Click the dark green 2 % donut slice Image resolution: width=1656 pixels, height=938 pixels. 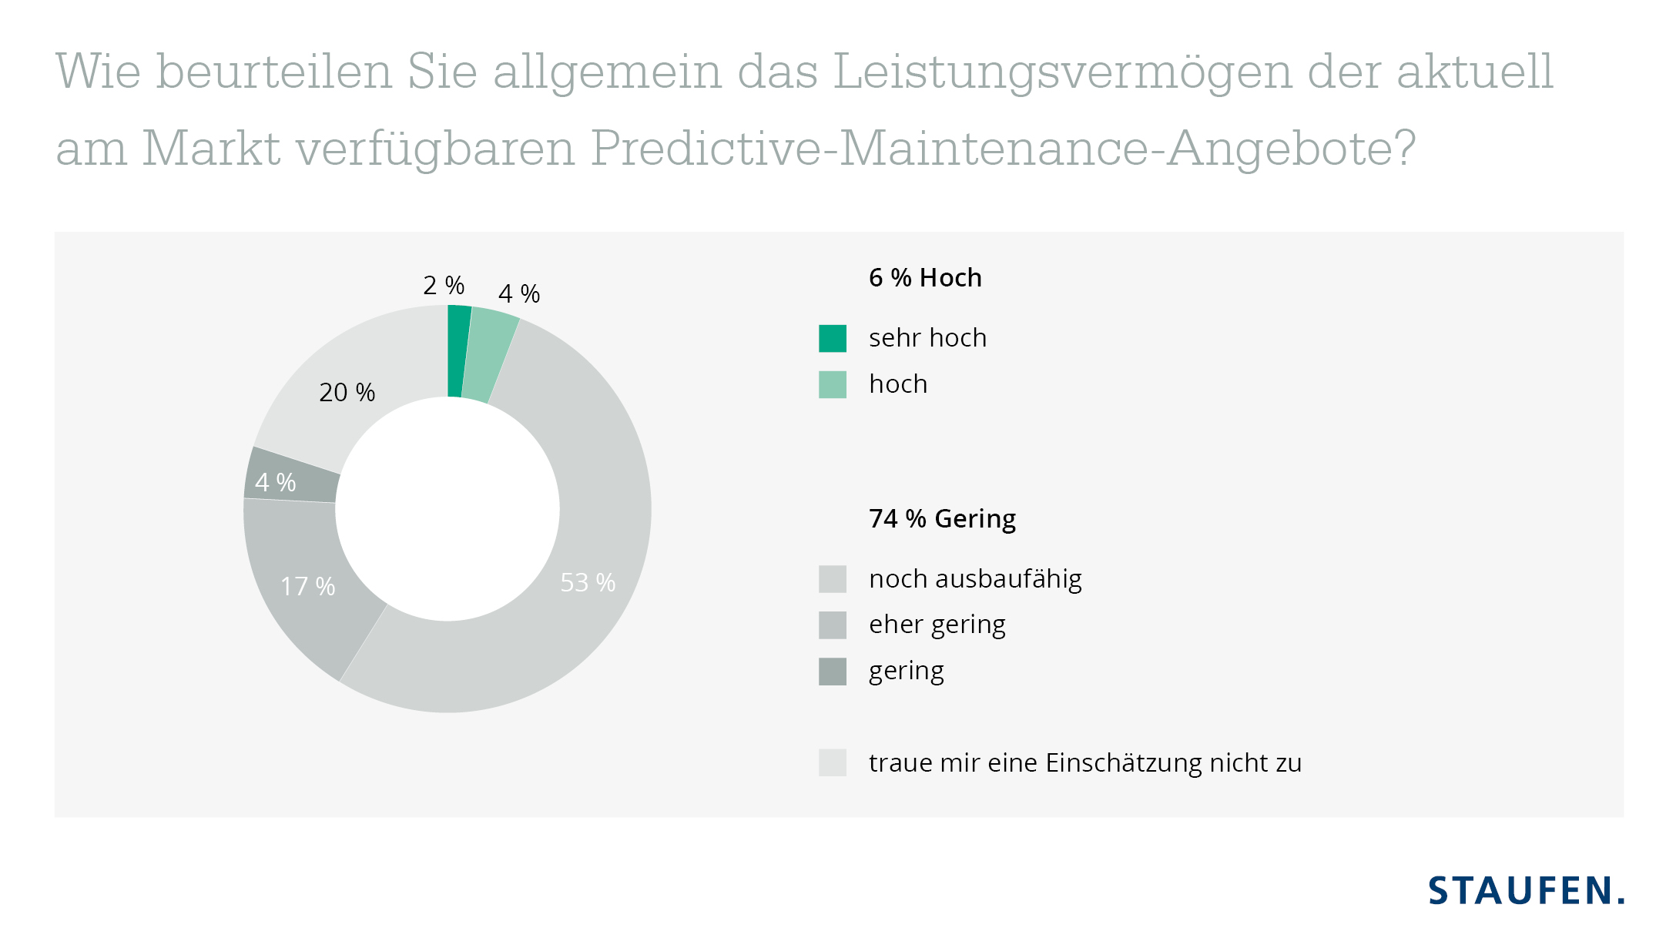tap(458, 351)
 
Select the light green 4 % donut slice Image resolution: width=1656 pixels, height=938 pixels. tap(487, 356)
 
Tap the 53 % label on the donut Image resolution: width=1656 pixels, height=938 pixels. tap(588, 583)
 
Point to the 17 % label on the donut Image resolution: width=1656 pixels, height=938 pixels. tap(307, 587)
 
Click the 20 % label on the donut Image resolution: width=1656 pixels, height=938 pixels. tap(347, 393)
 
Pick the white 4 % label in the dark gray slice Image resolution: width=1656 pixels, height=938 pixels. tap(275, 483)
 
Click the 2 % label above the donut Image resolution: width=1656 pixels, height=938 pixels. tap(444, 286)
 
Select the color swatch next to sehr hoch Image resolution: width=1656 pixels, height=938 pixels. tap(832, 338)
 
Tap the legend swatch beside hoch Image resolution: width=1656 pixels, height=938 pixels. tap(832, 384)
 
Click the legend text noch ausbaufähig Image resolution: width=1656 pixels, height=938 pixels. tap(975, 579)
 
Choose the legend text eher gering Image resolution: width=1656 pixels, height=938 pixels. tap(937, 625)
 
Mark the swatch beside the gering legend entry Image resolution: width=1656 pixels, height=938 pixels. tap(832, 672)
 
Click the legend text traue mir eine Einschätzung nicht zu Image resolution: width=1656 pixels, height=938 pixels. tap(1084, 763)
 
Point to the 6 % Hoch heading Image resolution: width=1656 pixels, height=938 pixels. tap(925, 278)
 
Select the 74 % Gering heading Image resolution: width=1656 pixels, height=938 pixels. tap(942, 519)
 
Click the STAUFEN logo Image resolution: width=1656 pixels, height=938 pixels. tap(1526, 891)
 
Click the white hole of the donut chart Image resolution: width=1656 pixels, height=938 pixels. tap(448, 509)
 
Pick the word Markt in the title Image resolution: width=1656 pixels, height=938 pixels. tap(211, 148)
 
